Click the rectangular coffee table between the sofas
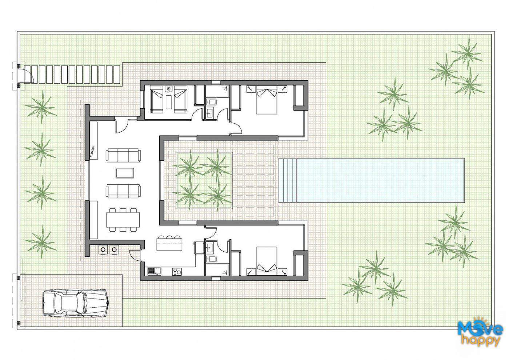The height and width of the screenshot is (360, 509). (x=124, y=173)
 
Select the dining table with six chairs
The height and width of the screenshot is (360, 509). (x=123, y=219)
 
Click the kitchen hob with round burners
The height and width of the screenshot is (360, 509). (x=177, y=271)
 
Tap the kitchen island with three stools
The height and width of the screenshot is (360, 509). (x=169, y=244)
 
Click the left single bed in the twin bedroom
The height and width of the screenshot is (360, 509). (x=157, y=99)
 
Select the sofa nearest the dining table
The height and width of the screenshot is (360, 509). (x=123, y=191)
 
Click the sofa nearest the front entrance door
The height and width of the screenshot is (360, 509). (x=123, y=155)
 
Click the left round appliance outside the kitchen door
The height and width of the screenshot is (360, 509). (x=103, y=249)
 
